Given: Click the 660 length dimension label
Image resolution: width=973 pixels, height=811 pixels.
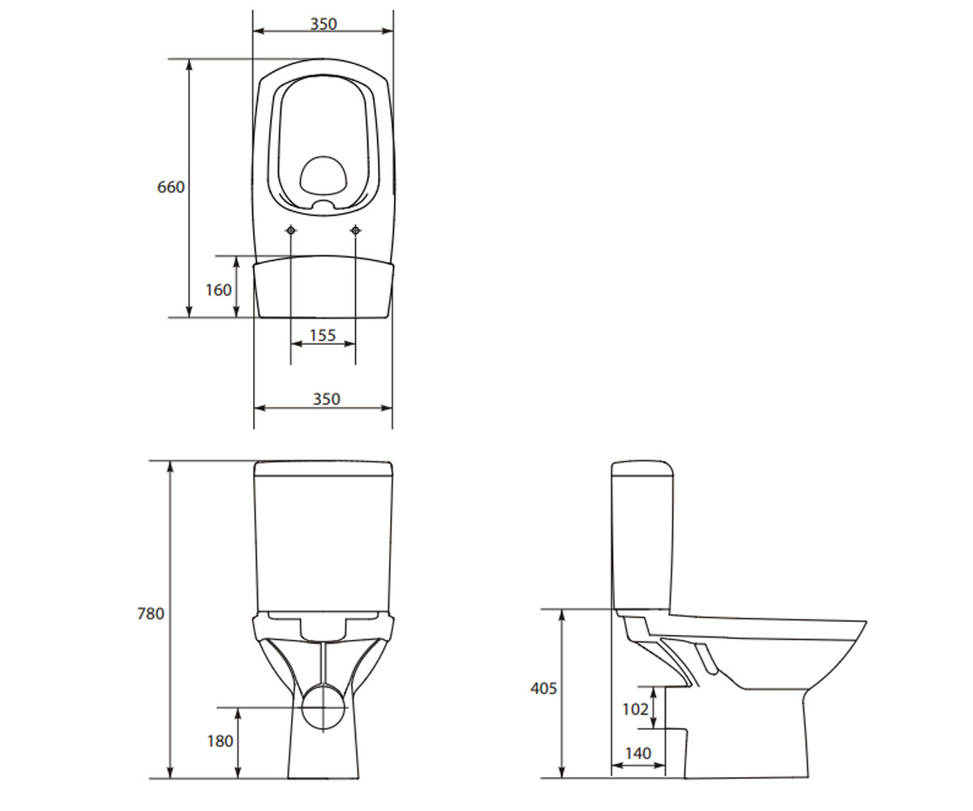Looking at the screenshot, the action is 170,187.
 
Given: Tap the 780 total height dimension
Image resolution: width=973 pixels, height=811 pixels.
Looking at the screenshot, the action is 151,613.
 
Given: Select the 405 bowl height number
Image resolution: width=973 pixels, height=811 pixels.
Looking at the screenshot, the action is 543,688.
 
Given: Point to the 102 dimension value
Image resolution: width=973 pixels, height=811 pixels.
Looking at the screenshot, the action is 635,709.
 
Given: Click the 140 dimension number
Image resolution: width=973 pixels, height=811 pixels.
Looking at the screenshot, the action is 638,753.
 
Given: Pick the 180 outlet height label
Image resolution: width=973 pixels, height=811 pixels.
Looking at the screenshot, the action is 220,741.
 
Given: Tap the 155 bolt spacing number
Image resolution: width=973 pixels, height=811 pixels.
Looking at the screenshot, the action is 323,335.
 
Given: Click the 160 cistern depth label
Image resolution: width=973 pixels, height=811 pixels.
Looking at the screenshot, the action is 219,290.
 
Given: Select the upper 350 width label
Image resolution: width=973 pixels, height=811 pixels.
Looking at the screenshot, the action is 324,24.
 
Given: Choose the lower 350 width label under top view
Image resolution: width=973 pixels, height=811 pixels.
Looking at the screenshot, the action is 326,399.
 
